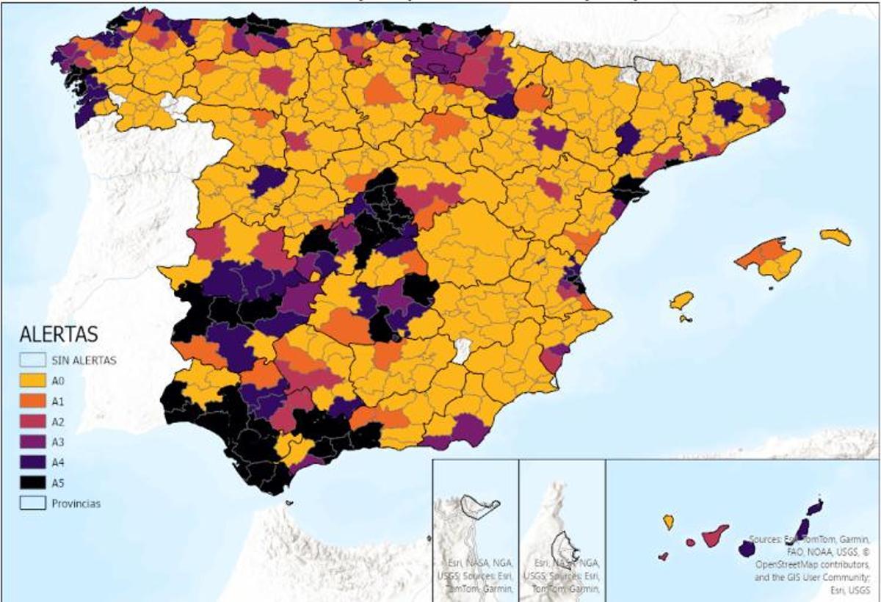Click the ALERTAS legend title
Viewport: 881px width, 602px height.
58,335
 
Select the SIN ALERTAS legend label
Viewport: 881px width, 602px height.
84,360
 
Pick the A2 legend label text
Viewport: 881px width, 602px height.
57,422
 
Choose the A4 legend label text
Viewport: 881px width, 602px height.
57,463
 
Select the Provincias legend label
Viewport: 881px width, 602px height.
76,504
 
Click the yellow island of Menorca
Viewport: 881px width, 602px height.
836,237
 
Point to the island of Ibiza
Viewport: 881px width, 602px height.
682,300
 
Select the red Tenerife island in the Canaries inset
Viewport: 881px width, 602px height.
714,537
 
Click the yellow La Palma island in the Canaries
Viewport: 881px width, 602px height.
668,522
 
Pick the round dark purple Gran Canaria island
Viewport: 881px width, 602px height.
747,548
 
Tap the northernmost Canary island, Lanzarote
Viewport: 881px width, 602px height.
815,507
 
